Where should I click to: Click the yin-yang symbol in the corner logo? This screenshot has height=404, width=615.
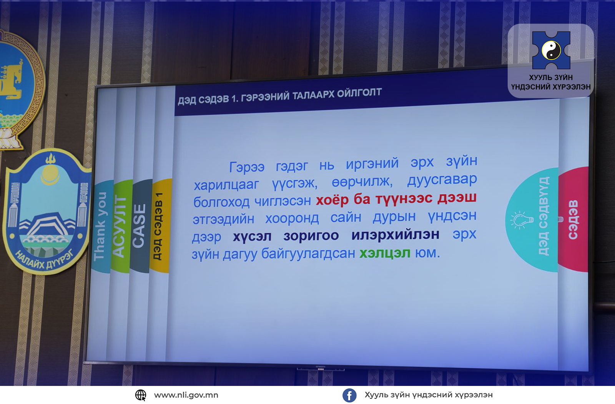coord(551,50)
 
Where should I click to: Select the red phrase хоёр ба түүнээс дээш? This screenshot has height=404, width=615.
coord(396,199)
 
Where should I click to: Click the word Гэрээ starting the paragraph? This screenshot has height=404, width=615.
coord(246,167)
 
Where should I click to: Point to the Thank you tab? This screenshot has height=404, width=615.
coord(100,226)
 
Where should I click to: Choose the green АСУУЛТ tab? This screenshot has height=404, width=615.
coord(120,226)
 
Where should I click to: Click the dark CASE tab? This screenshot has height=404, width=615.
coord(139,226)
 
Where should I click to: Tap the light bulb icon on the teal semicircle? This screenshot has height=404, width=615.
coord(521,220)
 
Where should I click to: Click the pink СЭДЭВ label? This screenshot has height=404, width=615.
coord(573,220)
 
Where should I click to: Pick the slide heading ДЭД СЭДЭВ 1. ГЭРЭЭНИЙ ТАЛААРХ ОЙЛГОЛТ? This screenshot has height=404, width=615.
coord(279,96)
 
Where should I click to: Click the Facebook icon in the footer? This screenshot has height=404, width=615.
coord(349,395)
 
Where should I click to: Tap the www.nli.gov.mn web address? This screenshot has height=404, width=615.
coord(186,395)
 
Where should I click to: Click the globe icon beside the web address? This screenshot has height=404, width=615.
coord(141,395)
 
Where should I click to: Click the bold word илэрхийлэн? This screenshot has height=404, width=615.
coord(395,235)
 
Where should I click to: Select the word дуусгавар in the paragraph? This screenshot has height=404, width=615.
coord(442,180)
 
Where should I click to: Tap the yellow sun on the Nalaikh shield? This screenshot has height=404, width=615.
coord(50,172)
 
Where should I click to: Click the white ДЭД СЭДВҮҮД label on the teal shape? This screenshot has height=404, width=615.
coord(544,216)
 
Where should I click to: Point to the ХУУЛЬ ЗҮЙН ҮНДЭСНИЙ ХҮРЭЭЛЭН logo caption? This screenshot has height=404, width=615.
coord(551,82)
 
